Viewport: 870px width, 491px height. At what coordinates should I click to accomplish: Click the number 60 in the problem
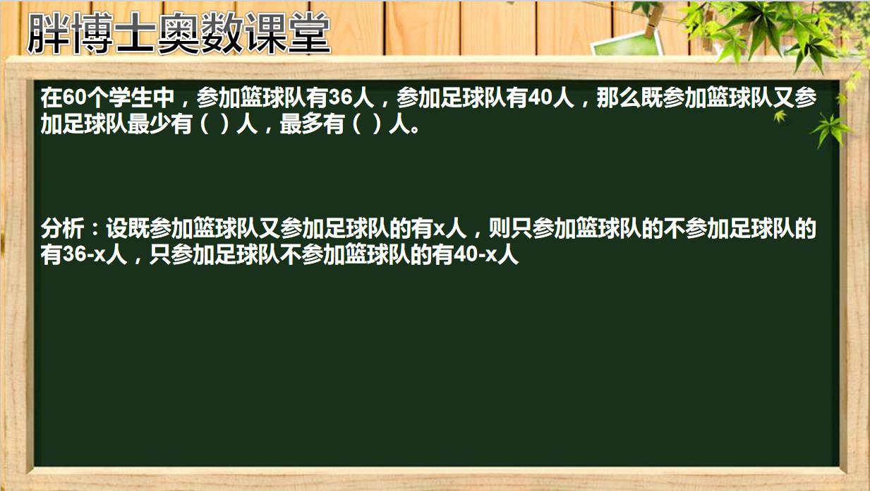[74, 97]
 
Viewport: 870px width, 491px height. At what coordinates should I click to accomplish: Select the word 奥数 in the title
[200, 33]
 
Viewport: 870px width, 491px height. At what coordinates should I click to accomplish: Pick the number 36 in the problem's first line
[341, 97]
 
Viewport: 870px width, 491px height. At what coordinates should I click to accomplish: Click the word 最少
[149, 124]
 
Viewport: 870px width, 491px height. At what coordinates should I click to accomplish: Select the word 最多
[301, 124]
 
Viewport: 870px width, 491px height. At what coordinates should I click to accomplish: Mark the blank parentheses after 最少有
[215, 124]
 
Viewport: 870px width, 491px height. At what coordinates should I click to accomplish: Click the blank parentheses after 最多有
[366, 124]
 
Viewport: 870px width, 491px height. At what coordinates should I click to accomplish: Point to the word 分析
[62, 229]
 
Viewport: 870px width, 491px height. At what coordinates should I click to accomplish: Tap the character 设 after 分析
[116, 229]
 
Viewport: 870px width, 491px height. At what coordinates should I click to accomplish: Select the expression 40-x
[476, 255]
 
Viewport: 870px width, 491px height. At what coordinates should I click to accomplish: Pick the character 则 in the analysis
[499, 229]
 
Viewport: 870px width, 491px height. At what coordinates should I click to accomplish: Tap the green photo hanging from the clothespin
[627, 44]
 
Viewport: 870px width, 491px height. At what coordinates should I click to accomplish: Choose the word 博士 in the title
[114, 33]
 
